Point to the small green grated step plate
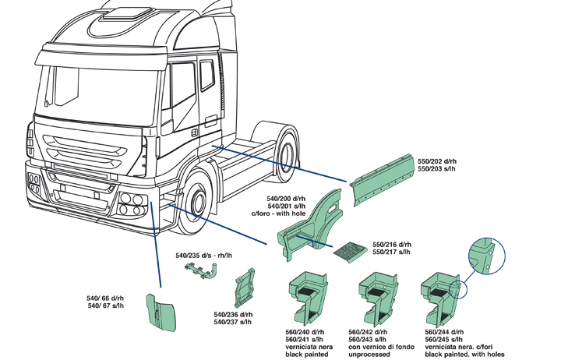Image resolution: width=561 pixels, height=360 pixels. tap(351, 251)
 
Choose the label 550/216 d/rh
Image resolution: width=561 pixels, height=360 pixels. tap(391, 244)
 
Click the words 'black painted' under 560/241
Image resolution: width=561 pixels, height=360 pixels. tap(309, 353)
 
